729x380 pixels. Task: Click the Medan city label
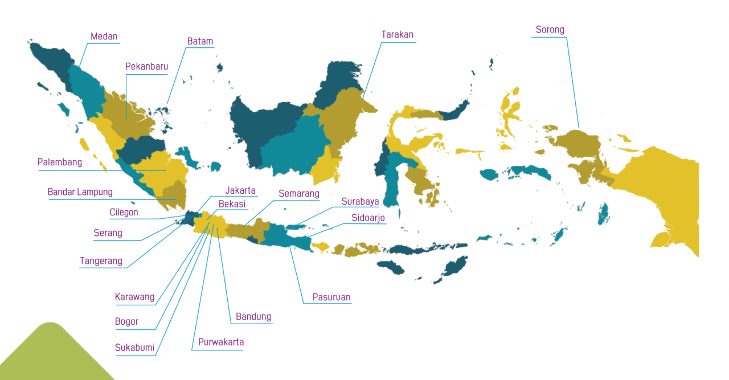[x=104, y=36]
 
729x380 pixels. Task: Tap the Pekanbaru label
[x=147, y=67]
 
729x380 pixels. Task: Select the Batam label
[x=200, y=41]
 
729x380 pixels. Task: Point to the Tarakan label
[x=398, y=35]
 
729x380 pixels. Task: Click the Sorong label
[x=550, y=30]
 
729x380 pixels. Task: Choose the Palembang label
[x=60, y=162]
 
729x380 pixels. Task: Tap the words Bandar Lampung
[x=80, y=192]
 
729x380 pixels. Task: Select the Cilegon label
[x=124, y=213]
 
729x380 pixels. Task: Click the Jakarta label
[x=240, y=190]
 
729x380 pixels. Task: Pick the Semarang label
[x=299, y=194]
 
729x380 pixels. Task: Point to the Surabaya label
[x=361, y=202]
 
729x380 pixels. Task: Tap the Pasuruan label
[x=331, y=297]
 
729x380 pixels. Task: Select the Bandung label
[x=253, y=317]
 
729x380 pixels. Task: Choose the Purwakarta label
[x=221, y=342]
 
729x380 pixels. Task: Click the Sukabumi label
[x=135, y=348]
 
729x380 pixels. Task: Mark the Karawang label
[x=135, y=297]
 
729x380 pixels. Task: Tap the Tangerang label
[x=101, y=261]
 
